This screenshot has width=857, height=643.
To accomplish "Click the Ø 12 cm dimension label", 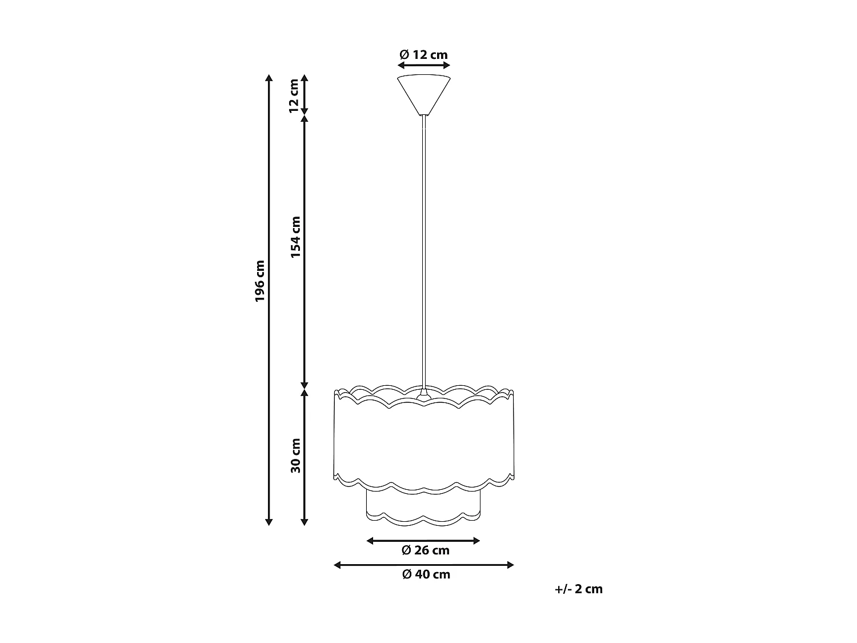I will (423, 55).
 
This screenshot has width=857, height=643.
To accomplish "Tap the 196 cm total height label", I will (261, 281).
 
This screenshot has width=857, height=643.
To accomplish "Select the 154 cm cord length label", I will (295, 237).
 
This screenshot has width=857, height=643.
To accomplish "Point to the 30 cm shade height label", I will (295, 456).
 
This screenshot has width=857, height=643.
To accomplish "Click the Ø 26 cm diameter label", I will (425, 550).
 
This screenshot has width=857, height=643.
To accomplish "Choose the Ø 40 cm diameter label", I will (425, 574).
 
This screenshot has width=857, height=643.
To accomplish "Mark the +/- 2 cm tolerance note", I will (578, 589).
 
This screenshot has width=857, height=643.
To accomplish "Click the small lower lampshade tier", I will (423, 506).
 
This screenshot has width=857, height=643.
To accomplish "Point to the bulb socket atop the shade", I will (423, 394).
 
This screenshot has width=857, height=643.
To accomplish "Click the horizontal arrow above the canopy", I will (423, 66).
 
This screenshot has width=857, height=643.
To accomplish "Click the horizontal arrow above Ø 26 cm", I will (423, 540).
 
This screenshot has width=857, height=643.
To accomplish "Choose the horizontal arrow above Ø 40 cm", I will (423, 565).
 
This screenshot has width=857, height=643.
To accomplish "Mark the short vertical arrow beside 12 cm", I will (305, 94).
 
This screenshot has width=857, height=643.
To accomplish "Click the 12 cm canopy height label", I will (294, 96).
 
